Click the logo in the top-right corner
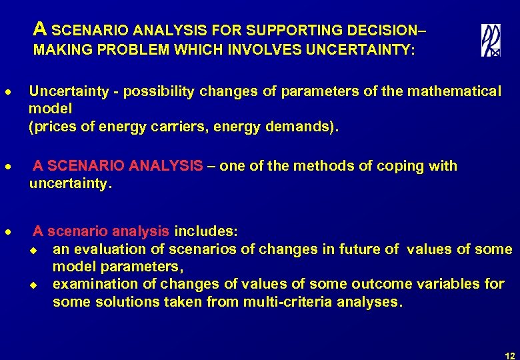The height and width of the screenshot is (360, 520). pos(491,40)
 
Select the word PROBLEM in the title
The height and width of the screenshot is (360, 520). pos(119,50)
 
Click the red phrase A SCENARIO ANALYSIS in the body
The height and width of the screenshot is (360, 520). pos(117,166)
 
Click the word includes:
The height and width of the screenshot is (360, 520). pos(205,231)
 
